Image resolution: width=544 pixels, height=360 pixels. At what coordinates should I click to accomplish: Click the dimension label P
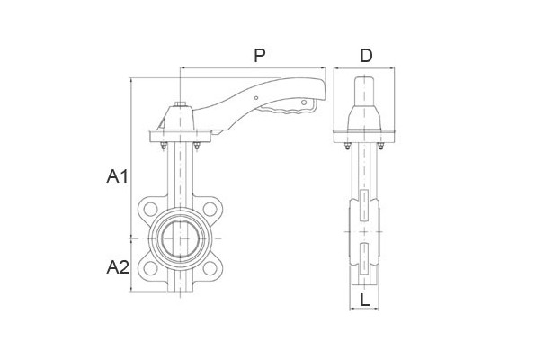pos(260,56)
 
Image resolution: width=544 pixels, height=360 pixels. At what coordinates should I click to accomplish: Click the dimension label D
pos(366,56)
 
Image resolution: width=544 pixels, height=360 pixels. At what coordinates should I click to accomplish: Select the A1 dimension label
pos(118,176)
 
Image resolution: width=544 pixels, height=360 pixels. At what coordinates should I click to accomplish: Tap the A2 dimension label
pos(118,267)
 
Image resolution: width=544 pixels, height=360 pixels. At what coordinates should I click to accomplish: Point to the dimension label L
pos(365,300)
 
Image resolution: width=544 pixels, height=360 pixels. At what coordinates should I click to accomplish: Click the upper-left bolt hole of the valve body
pos(150,209)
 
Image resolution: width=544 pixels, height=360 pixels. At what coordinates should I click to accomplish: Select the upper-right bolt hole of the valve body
pos(210,209)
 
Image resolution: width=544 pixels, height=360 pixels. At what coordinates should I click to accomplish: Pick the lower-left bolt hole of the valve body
pos(150,268)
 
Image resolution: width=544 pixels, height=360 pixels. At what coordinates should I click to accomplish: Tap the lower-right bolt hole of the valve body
pos(210,268)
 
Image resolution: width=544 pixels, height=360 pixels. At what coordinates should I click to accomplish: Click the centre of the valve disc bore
pos(180,238)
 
